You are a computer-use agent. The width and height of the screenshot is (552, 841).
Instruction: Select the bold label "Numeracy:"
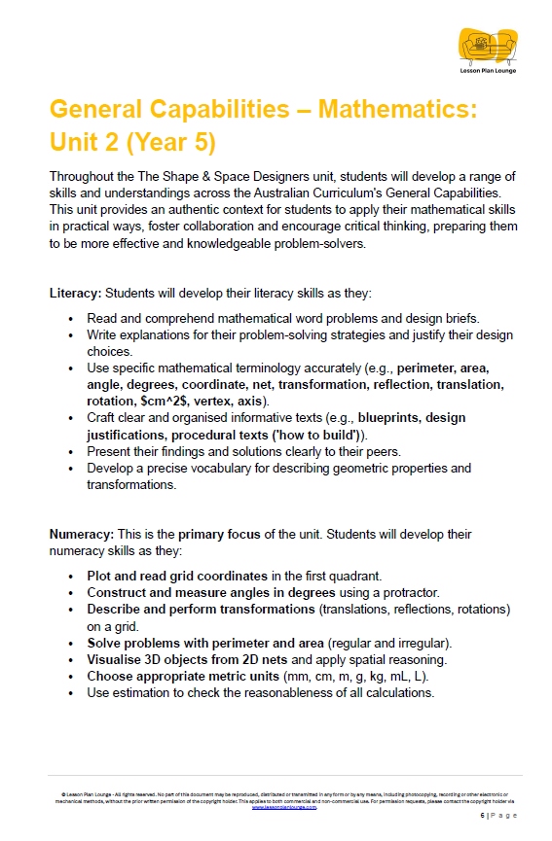(81, 535)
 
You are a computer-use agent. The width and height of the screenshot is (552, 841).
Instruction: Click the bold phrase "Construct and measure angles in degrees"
(211, 593)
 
